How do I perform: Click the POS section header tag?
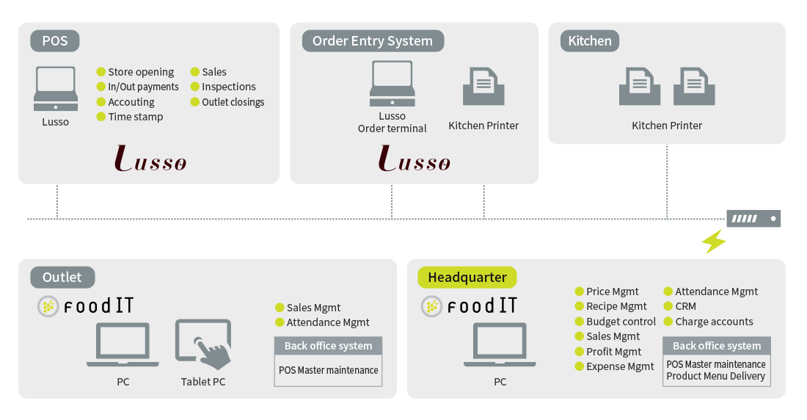55,40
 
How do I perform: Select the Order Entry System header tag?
372,40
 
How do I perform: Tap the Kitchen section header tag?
590,40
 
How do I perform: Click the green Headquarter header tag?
467,277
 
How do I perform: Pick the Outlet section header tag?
62,277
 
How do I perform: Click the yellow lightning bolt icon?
714,242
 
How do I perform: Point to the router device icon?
753,218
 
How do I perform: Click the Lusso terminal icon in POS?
56,89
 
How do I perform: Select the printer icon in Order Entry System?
483,87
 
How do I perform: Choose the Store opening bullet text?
141,72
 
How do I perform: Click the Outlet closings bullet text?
233,102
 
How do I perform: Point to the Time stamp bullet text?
136,117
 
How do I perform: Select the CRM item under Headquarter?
685,306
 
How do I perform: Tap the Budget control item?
621,322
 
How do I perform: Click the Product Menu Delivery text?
716,376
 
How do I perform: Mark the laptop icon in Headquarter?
500,344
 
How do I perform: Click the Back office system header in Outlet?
328,346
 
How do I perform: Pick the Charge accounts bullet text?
714,322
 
